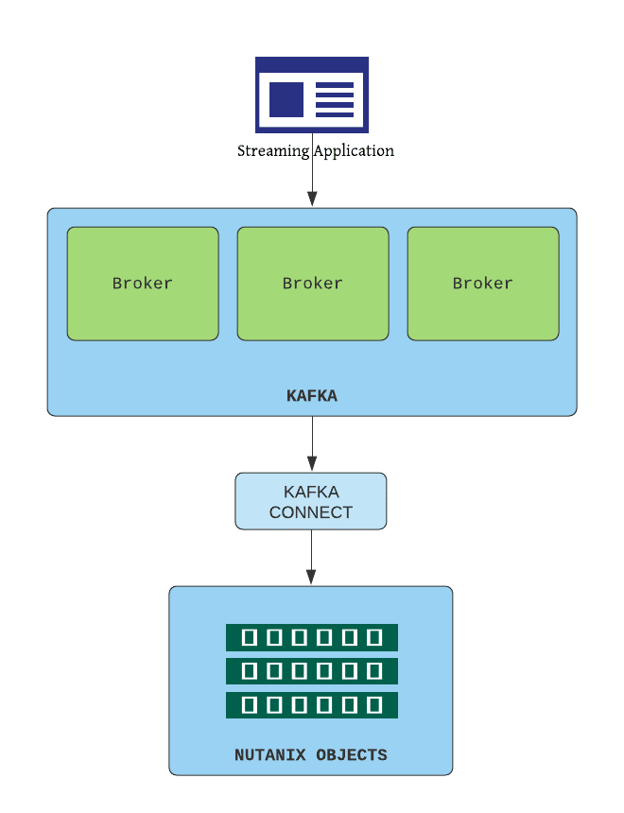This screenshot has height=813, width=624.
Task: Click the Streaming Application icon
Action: [x=312, y=95]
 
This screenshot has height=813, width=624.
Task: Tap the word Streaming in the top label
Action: [x=272, y=151]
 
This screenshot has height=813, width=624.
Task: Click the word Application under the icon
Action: [x=355, y=151]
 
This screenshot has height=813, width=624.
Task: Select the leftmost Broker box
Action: [x=143, y=283]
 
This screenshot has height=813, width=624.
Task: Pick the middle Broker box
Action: [x=313, y=283]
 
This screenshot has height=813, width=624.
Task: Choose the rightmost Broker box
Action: [x=483, y=283]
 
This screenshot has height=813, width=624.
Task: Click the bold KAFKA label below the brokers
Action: [x=312, y=396]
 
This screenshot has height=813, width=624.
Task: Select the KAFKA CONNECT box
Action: [x=311, y=501]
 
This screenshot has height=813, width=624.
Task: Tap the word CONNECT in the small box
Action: [x=311, y=512]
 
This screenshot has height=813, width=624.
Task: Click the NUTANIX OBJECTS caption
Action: [x=311, y=755]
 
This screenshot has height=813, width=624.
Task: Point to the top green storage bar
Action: [x=312, y=637]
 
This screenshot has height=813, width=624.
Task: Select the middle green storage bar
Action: [x=312, y=671]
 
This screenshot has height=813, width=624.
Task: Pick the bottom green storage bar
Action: [x=312, y=705]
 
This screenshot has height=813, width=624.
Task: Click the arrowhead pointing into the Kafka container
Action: [x=312, y=199]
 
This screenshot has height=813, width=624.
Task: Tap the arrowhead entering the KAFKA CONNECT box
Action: [x=312, y=464]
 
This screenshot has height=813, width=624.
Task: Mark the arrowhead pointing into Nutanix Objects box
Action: [x=311, y=577]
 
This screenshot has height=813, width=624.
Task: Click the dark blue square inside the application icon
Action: [x=286, y=99]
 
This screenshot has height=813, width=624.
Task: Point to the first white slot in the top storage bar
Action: [x=250, y=637]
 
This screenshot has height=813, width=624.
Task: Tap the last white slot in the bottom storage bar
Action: [x=374, y=705]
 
